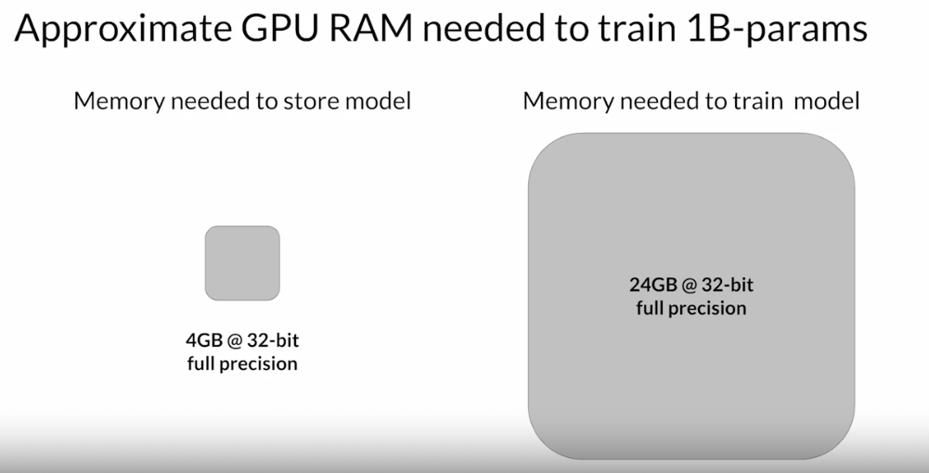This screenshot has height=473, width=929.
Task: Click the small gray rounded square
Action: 242,262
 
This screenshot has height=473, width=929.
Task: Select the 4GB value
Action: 204,340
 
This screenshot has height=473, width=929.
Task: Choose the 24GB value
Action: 650,285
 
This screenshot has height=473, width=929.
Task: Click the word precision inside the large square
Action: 707,308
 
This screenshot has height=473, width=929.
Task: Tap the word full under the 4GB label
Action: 201,363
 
